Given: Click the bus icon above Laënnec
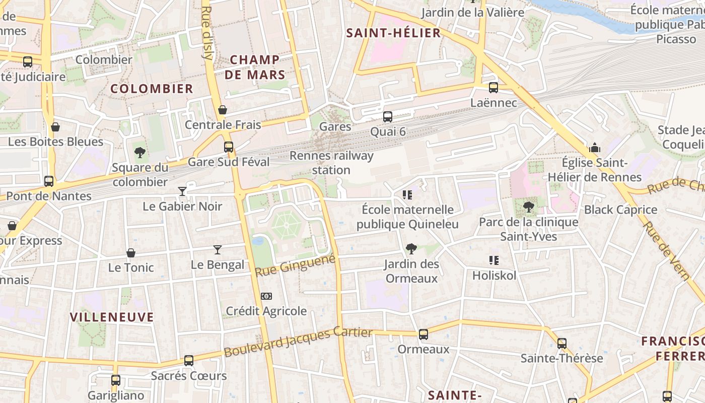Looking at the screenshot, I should point(493,87).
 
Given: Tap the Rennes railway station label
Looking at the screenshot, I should point(331,163).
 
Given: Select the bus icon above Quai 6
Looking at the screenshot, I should point(388,117).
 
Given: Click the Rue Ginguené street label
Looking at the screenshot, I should point(295,266).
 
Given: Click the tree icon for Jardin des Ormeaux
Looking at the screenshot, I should point(411,248).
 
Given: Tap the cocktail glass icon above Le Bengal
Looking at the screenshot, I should point(218,249).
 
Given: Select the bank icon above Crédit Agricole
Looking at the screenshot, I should point(266,296).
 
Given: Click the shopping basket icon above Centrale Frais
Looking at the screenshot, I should point(223,110).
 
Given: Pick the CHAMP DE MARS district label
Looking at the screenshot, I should point(255,67).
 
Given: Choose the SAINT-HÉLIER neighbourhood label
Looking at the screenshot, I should point(393,33).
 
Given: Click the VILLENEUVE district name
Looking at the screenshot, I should point(112,317).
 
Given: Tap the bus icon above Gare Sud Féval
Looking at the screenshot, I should point(229,147).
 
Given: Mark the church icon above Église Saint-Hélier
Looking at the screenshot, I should point(595,148).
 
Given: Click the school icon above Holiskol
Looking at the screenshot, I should point(494,260).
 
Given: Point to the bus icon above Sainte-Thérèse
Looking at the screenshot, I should point(562,344).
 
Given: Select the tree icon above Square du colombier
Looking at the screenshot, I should point(140,152).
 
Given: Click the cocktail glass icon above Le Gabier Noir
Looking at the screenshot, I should point(182,191).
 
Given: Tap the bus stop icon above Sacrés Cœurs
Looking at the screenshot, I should point(189,361).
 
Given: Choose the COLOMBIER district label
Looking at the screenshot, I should point(152,89).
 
